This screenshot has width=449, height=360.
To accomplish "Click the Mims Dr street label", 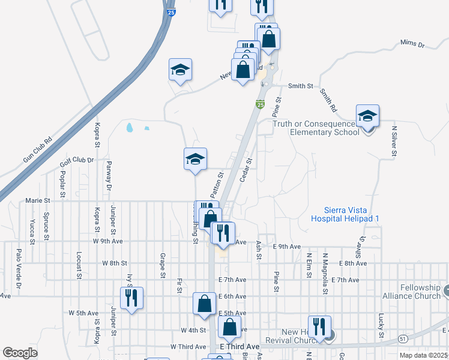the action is (412, 45).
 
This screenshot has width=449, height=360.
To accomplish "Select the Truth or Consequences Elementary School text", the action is (316, 128).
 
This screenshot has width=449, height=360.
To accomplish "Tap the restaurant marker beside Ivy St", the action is (131, 298).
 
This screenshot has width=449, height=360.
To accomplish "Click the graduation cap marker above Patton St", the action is (195, 159).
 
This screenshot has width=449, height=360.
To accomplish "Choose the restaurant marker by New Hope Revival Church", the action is (320, 326).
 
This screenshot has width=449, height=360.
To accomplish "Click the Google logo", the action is (20, 353).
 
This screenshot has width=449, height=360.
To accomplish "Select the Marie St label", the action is (37, 200).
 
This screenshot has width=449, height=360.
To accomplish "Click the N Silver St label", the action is (394, 141).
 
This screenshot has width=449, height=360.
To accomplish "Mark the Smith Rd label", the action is (328, 100).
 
